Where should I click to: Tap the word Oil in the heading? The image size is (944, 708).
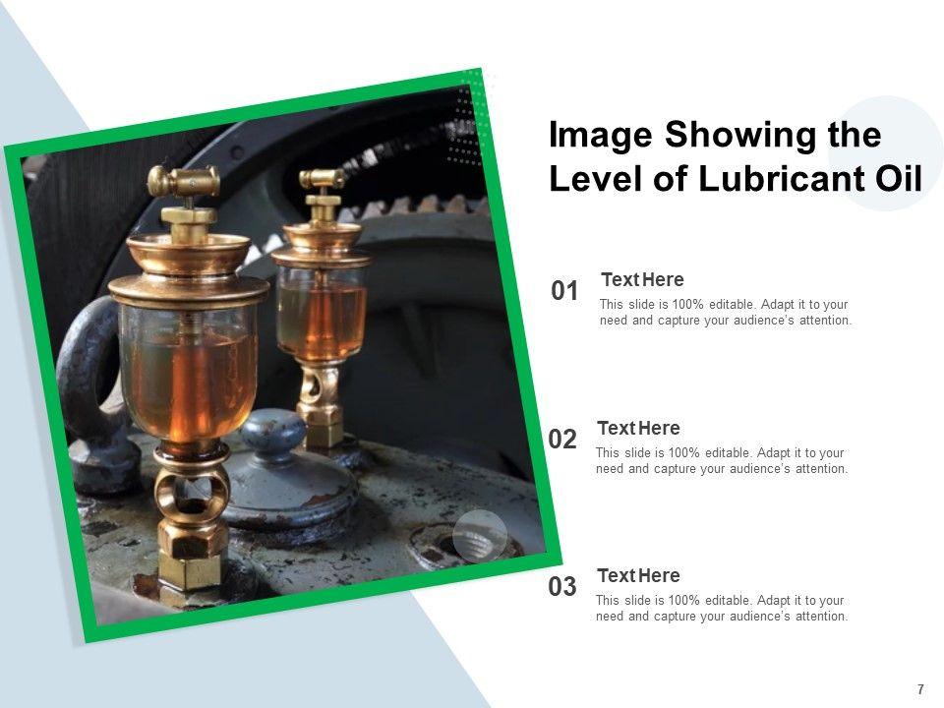[x=898, y=179]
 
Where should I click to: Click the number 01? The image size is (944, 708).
[x=564, y=291]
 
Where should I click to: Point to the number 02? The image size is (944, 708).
[x=562, y=440]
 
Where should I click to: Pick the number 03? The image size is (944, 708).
[x=562, y=586]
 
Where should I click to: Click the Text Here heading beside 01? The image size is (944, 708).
[x=642, y=280]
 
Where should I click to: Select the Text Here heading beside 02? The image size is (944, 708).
[x=639, y=428]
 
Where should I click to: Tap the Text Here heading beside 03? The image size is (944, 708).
[x=639, y=575]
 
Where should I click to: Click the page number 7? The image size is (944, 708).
[x=920, y=689]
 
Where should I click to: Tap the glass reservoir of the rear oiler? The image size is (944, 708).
[x=322, y=313]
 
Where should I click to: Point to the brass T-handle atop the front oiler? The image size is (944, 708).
[x=183, y=180]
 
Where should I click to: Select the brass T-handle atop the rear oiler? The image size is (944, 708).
[x=323, y=178]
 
